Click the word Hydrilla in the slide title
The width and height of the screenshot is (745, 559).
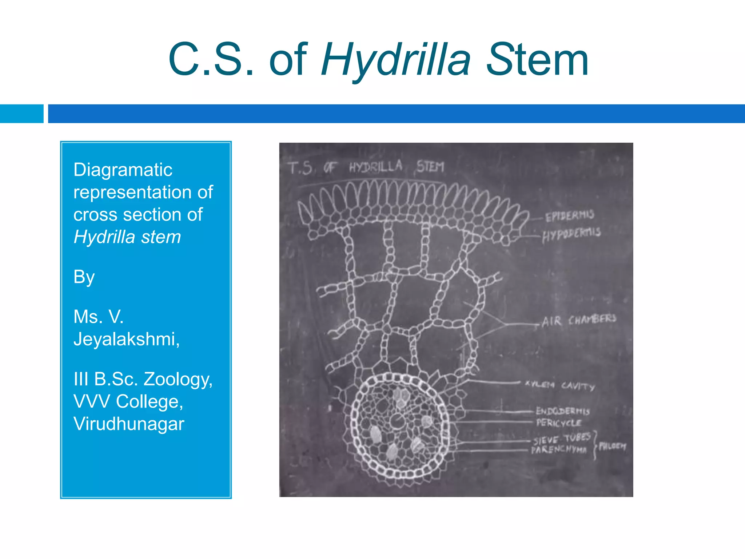396,60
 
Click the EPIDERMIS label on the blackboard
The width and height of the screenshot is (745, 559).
569,215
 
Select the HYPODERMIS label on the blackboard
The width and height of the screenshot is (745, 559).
571,234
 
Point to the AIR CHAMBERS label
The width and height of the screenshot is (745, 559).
579,320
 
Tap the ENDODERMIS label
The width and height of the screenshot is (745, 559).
562,411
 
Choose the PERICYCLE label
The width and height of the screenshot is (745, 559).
559,423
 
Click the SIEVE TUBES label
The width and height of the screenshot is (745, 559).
562,439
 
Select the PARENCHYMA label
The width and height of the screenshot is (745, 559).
559,450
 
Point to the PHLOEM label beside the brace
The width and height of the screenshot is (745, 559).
612,446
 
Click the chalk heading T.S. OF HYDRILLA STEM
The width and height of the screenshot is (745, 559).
366,167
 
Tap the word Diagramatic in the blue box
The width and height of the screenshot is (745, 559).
123,170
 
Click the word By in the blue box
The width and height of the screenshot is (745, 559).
84,277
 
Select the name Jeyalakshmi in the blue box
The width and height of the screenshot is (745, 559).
126,339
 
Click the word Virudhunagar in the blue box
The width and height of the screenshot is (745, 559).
129,424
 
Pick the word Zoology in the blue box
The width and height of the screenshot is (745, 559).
178,379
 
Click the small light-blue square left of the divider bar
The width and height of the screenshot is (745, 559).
21,114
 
